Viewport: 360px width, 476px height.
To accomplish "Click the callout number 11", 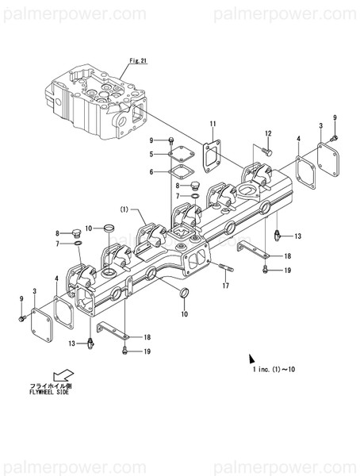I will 213,123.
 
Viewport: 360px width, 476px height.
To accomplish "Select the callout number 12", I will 268,132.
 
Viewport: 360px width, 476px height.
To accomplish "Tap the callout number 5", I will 151,154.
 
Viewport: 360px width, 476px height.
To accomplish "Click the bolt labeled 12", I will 266,150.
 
